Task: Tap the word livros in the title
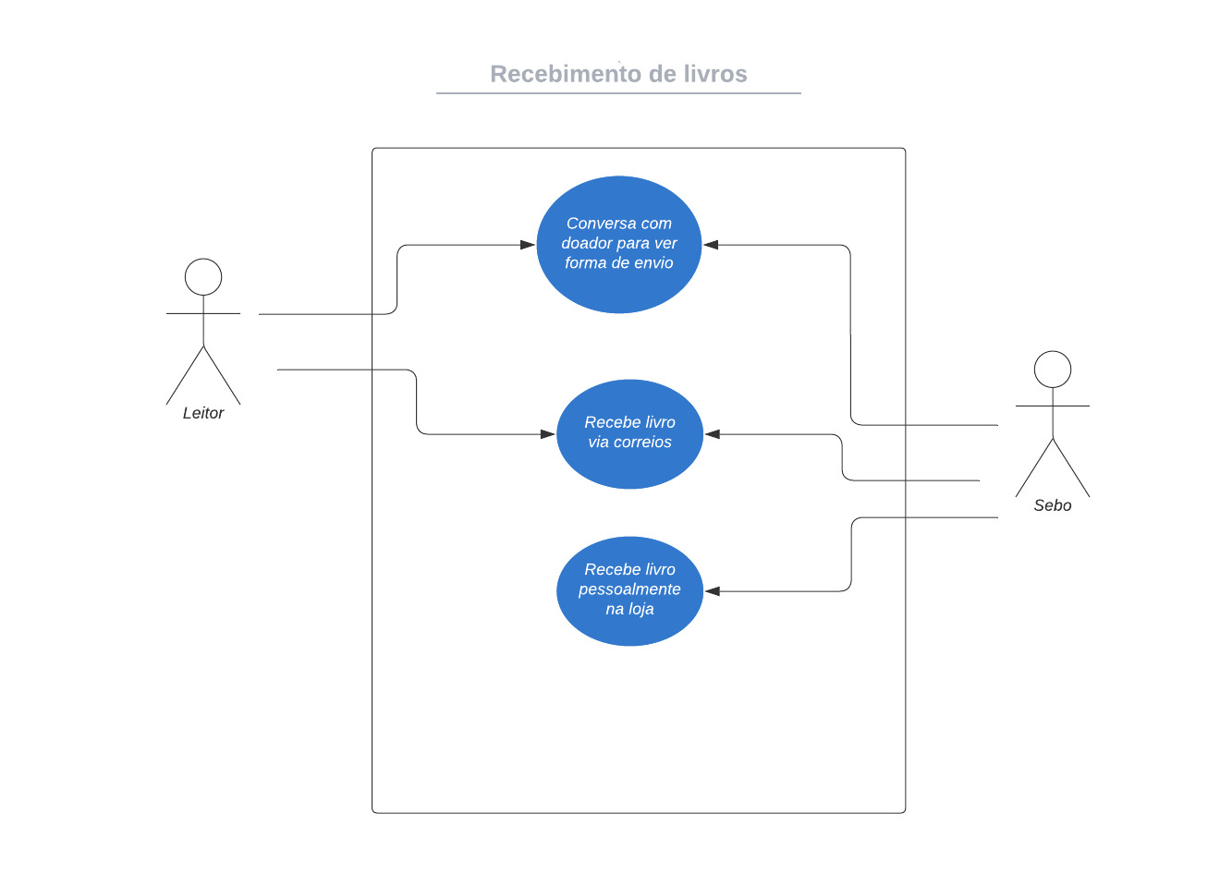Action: pos(714,74)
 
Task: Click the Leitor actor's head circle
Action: pos(203,277)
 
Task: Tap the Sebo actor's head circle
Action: pos(1052,370)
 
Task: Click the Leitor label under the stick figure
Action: pos(203,413)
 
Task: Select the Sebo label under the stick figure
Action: pos(1052,505)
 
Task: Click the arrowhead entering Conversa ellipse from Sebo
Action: pos(711,245)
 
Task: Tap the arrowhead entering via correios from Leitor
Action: pos(548,434)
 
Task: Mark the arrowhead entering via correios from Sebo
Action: pos(713,434)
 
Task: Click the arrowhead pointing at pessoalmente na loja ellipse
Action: pos(713,591)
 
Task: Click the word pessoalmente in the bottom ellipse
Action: pos(629,589)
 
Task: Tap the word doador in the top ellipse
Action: pos(587,243)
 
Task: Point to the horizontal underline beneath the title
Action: pos(618,93)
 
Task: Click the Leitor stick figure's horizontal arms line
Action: pos(203,314)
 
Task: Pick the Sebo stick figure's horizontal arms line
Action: pos(1052,406)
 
